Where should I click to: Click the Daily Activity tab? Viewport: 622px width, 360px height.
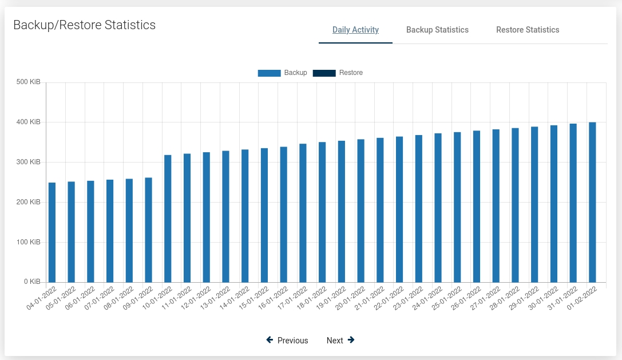[x=355, y=30]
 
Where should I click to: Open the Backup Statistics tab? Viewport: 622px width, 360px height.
[x=437, y=30]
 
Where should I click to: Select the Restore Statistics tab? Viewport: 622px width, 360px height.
[x=528, y=30]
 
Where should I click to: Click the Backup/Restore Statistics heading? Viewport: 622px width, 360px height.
[x=84, y=25]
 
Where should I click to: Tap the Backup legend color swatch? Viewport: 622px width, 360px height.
[x=269, y=73]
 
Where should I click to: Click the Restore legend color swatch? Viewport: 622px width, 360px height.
[x=324, y=73]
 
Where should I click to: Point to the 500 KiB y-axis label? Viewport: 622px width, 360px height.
[x=28, y=82]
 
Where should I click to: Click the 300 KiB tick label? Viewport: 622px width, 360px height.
[x=28, y=162]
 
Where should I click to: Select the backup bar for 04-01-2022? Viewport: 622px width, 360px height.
[x=52, y=232]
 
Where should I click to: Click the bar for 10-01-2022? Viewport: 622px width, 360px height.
[x=168, y=219]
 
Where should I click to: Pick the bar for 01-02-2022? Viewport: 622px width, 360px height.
[x=592, y=202]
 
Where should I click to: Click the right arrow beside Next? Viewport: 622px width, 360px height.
[x=351, y=340]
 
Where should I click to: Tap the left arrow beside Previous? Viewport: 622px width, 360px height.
[x=270, y=340]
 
